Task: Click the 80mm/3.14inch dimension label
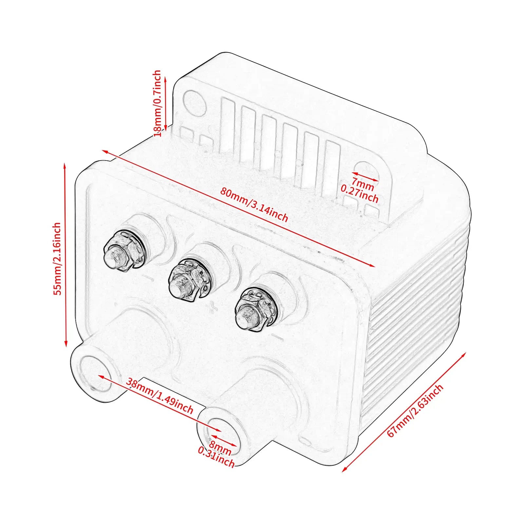coord(254,205)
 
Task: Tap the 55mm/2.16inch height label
coord(57,259)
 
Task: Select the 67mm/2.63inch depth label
coord(415,411)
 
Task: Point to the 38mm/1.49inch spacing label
coord(160,396)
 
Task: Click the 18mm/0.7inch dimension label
coord(157,103)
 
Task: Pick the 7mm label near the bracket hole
coord(363,183)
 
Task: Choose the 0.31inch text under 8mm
coord(216,457)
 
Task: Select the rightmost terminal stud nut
coord(254,309)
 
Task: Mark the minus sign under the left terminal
coord(148,278)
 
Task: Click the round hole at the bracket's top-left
coord(195,102)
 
